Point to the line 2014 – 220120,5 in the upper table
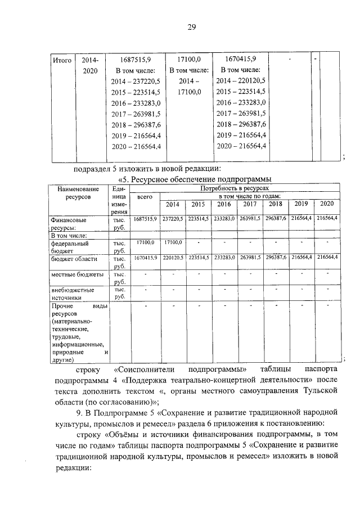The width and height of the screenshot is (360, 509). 240,81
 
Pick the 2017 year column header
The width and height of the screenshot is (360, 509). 250,204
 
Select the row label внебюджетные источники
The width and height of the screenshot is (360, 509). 73,294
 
